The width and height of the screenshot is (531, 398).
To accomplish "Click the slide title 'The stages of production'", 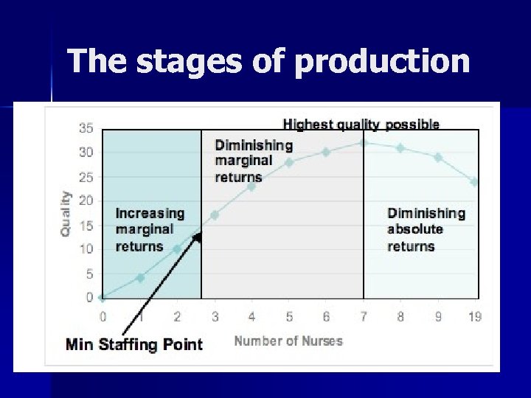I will coord(268,61).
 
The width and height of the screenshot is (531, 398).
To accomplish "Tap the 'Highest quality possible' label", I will coord(361,124).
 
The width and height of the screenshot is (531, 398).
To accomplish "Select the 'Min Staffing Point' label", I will coord(134,344).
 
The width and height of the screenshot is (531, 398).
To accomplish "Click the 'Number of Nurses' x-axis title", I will coord(288,341).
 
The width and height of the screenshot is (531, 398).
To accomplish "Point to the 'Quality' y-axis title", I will coord(66,213).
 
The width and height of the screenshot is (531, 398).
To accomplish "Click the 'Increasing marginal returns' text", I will coord(150,229).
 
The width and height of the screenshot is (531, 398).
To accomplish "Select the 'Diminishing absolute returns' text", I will coord(426,229).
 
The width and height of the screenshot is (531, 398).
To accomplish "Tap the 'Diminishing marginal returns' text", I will coord(253,161).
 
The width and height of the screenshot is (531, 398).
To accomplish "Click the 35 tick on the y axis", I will coord(86,128).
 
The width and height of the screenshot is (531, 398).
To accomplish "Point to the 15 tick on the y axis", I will coord(86,226).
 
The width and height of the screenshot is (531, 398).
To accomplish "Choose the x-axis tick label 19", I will coord(475,317).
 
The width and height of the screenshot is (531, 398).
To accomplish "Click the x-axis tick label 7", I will coord(363,317).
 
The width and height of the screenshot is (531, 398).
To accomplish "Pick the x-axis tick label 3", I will coord(215,317).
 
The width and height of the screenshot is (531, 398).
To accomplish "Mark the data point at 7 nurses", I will coord(363,143).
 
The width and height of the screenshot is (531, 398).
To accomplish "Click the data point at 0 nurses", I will coord(103,298).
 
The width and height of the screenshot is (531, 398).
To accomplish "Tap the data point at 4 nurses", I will coord(251,186).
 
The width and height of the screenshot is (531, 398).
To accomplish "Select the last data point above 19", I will coord(474,181).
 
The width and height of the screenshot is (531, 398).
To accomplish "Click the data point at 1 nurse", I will coord(140,278).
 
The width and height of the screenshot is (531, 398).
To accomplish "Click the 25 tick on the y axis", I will coord(86,177).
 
